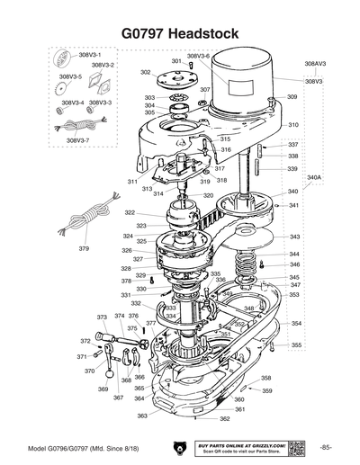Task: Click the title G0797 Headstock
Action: [x=179, y=32]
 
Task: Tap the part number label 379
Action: [x=84, y=247]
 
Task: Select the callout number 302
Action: [x=145, y=72]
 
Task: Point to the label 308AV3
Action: [x=314, y=65]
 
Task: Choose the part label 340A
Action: [x=314, y=178]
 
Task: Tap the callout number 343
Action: [x=294, y=237]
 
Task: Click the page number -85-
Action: [x=325, y=447]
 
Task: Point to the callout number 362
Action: [x=224, y=418]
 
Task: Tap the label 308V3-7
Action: [x=77, y=140]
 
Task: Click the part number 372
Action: [x=85, y=341]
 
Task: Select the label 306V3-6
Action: [x=198, y=56]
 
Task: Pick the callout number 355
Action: [x=295, y=345]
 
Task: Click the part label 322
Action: [x=130, y=213]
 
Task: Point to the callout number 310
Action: [x=293, y=124]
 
